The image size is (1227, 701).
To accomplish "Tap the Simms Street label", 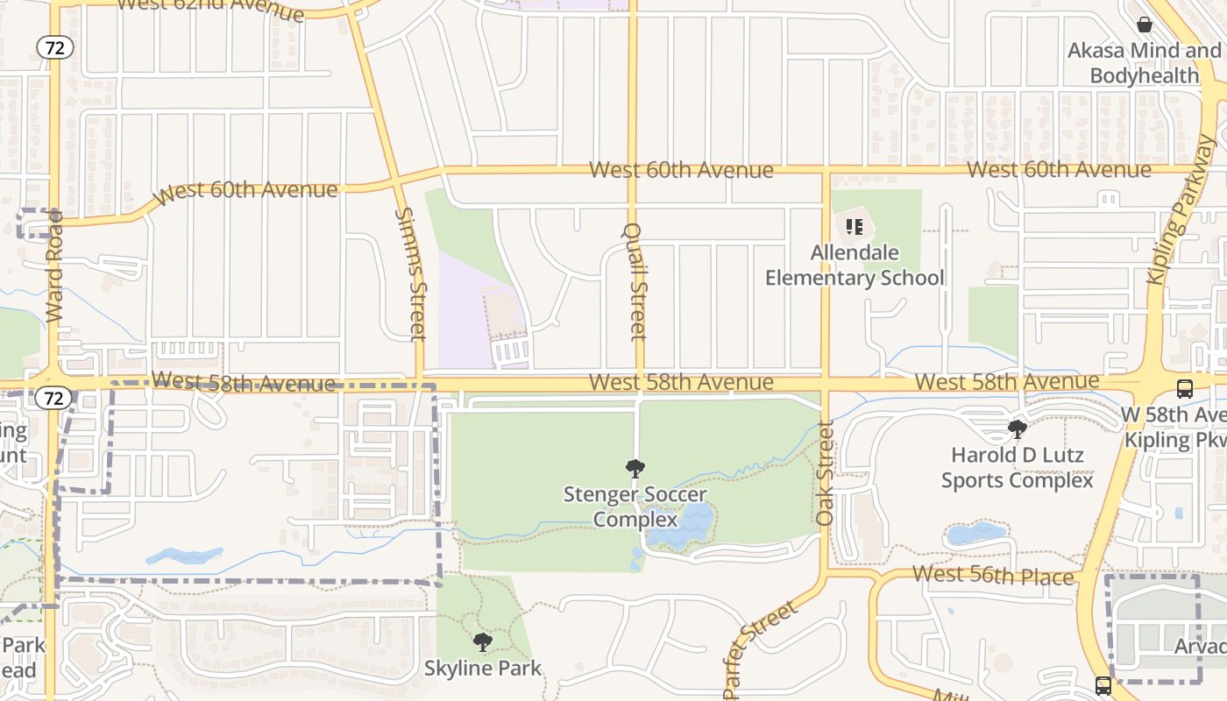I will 409,273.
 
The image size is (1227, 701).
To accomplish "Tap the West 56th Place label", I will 993,576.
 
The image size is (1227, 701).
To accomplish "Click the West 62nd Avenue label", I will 210,8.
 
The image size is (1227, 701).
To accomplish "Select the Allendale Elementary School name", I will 855,266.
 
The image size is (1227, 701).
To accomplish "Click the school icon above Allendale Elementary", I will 855,228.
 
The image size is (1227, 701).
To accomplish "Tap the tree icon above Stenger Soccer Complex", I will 635,469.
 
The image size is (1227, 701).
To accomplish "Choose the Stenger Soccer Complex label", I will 635,506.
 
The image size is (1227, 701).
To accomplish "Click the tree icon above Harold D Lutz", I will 1018,429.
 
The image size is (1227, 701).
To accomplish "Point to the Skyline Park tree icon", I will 482,642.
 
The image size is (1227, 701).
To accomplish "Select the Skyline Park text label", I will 483,669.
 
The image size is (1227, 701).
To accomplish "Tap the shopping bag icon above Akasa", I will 1144,24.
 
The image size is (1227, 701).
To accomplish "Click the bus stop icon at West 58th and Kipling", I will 1184,388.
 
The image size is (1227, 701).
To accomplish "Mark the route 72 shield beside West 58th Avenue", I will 54,399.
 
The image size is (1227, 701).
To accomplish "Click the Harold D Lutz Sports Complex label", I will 1018,468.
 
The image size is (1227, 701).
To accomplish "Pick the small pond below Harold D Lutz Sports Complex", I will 975,533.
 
